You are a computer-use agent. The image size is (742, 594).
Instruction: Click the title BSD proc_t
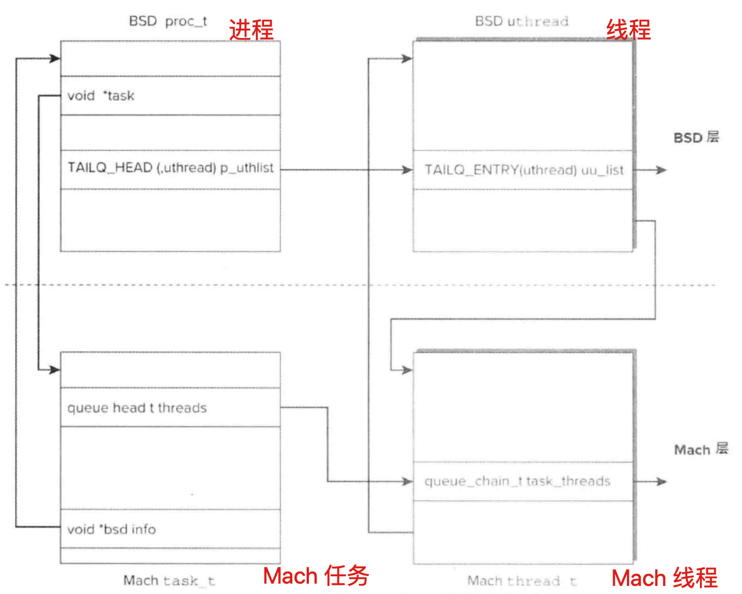pos(167,22)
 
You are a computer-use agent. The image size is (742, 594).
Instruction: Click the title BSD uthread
pos(521,22)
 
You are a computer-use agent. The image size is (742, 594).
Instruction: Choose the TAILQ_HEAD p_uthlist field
pos(170,168)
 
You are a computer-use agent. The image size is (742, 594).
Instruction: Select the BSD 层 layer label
pos(696,138)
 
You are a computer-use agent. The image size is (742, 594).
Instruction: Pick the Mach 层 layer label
pos(701,450)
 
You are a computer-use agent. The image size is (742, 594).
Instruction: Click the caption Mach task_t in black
pos(169,580)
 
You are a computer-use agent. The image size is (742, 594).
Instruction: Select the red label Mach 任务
pos(316,576)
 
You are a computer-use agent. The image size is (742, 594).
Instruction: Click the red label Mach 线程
pos(664,578)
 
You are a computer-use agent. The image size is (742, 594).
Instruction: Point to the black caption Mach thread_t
pos(522,581)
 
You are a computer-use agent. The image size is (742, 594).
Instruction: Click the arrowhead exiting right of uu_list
pos(661,170)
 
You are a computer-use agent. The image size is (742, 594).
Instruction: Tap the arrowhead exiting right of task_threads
pos(661,481)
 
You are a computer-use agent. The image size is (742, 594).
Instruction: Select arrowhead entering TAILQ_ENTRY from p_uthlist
pos(407,170)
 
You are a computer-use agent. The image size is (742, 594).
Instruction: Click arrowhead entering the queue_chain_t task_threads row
pos(407,481)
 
